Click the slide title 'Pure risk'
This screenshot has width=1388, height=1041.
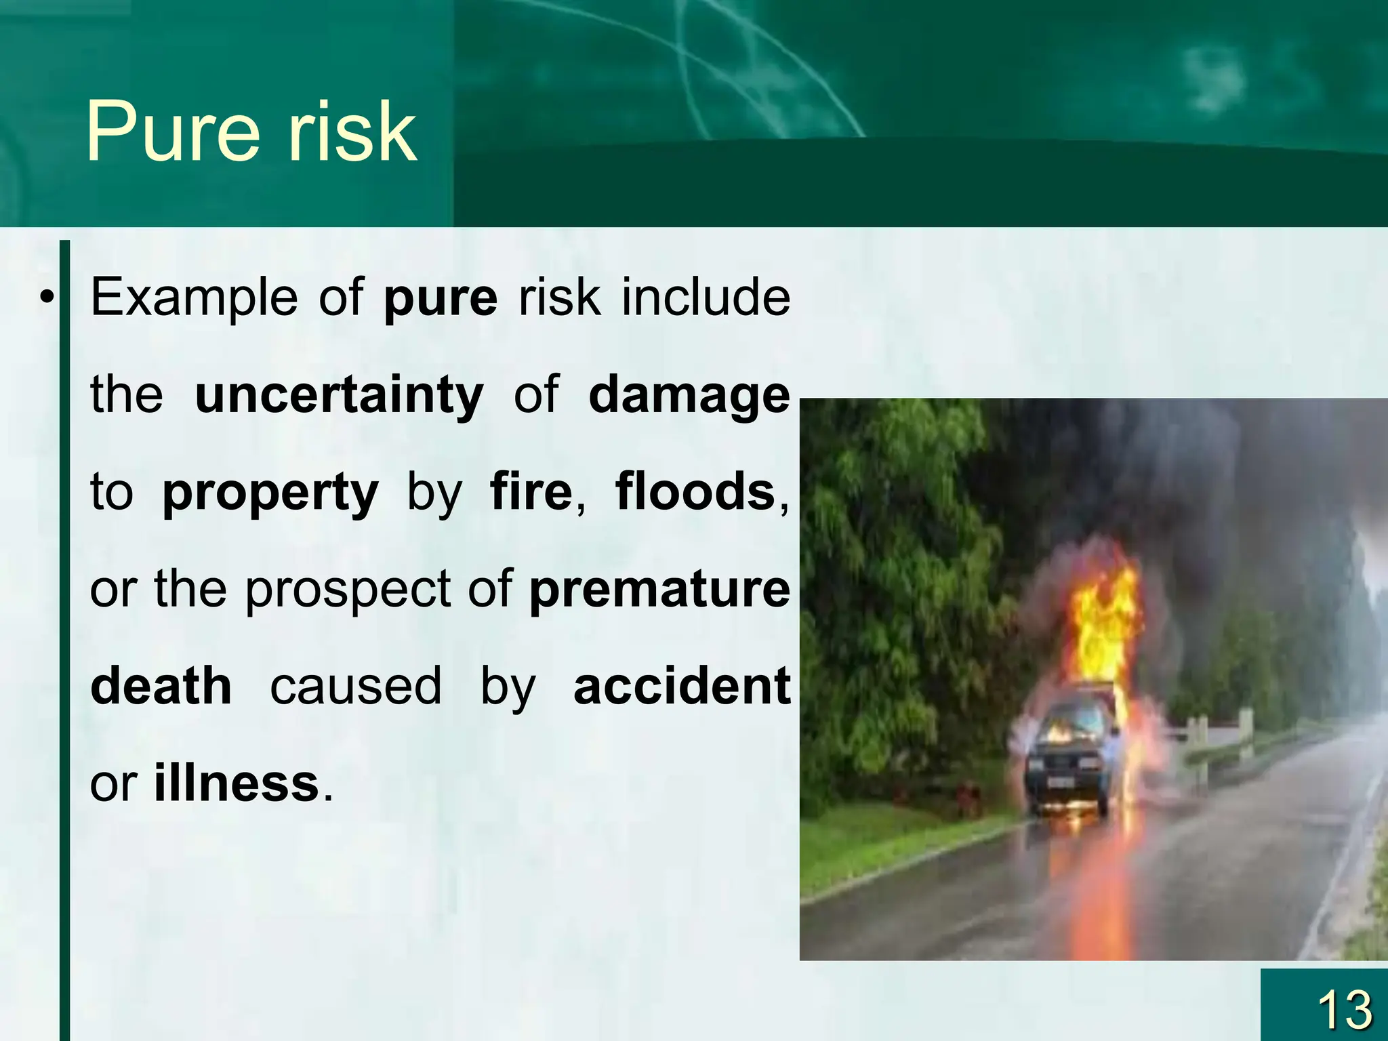251,131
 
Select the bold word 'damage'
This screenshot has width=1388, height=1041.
689,396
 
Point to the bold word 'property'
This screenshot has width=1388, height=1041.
270,493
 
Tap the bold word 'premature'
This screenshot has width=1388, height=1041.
659,590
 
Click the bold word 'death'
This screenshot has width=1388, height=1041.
161,686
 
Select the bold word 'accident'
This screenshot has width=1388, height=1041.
682,686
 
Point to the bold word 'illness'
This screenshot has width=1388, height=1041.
237,783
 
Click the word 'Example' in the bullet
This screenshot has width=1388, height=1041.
194,298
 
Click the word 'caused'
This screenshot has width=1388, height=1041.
356,686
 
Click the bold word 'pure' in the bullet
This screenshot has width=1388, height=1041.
441,299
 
